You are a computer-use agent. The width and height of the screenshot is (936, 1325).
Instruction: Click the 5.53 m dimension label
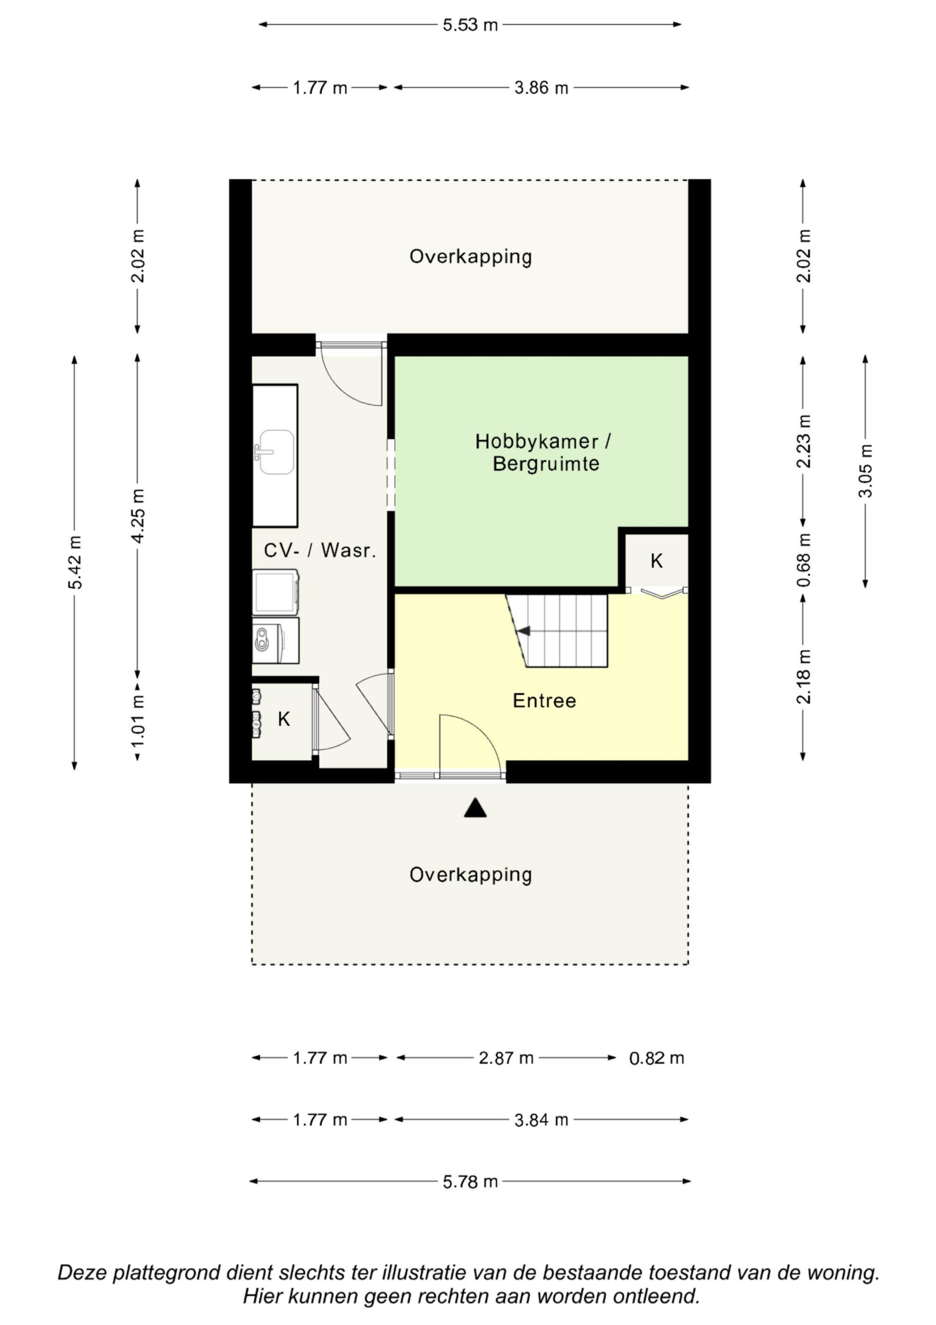coord(470,25)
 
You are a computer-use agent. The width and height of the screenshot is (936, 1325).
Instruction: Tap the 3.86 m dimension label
coord(541,88)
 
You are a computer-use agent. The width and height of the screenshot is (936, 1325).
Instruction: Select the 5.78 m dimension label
coord(470,1181)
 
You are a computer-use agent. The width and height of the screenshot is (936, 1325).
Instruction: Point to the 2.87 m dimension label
coord(506,1058)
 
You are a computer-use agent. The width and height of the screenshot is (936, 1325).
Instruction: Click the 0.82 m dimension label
coord(656,1058)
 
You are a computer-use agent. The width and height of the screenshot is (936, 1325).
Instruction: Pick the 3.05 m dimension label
coord(865,471)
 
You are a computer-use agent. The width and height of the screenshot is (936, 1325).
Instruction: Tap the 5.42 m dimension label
coord(75,563)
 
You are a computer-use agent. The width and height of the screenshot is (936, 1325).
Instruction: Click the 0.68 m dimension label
coord(804,560)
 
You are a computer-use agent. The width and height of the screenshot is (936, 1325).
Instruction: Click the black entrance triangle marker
coord(475,808)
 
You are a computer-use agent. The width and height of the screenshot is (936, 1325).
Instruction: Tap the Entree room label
coord(544,701)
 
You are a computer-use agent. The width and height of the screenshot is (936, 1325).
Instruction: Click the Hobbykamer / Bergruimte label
coord(543,452)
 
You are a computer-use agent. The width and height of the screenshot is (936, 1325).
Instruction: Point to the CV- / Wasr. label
coord(320,550)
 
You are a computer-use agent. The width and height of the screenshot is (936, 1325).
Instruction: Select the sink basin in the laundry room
coord(276,452)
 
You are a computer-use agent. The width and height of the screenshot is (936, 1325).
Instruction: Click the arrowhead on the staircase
coord(523,631)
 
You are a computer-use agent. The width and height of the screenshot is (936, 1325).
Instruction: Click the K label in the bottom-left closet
coord(284,719)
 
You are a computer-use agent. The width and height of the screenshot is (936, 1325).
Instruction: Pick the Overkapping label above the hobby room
coord(471,256)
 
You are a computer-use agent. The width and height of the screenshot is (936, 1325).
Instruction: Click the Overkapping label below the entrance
coord(471,874)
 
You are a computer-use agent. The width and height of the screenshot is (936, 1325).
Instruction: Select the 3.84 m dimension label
coord(541,1119)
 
